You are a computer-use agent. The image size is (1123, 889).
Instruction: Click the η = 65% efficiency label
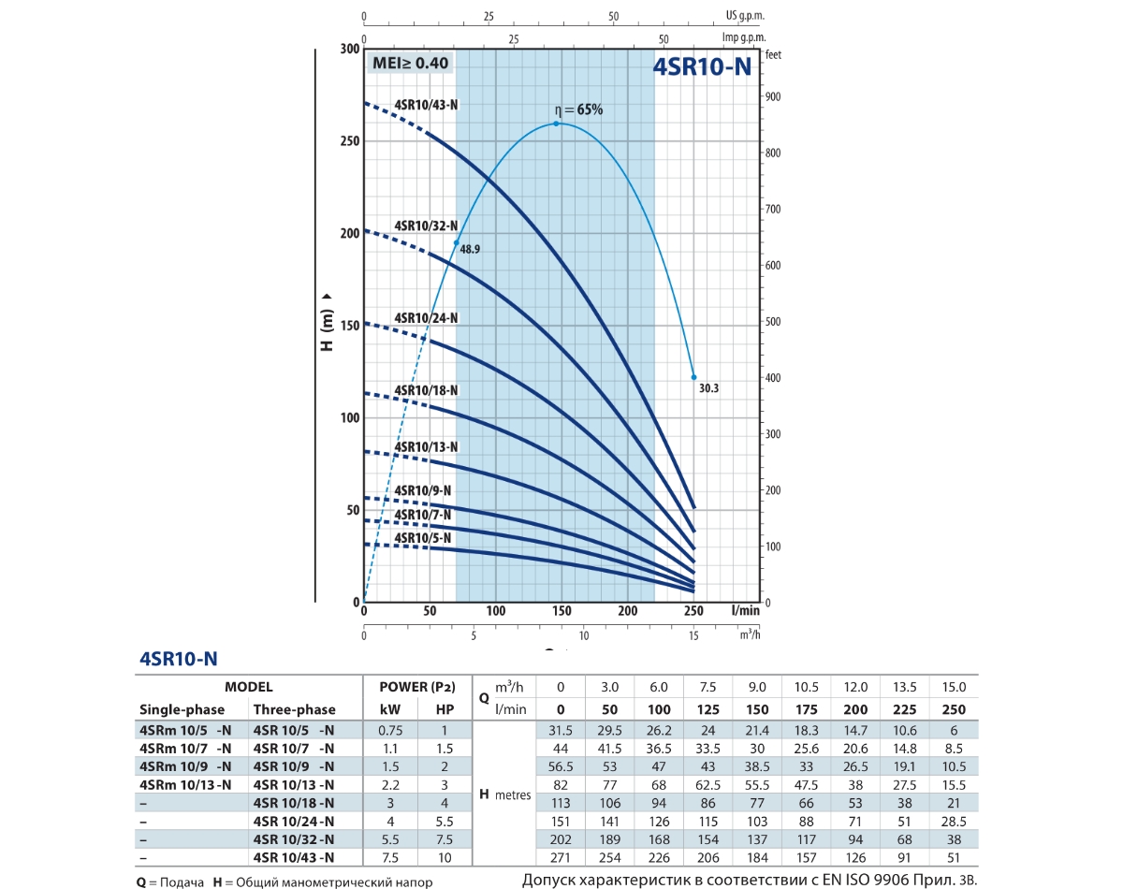click(577, 109)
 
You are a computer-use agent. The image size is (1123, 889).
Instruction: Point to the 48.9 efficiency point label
click(470, 250)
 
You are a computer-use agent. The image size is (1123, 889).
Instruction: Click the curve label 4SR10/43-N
click(426, 105)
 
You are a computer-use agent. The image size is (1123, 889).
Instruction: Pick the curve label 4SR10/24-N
click(426, 318)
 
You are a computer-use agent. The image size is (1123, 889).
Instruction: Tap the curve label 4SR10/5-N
click(423, 538)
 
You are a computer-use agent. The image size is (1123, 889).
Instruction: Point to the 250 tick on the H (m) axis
click(348, 140)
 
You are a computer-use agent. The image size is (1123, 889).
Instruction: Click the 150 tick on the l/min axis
click(561, 611)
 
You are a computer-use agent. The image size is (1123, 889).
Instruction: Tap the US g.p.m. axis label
click(745, 16)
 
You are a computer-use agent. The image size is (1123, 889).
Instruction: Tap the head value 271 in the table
click(561, 856)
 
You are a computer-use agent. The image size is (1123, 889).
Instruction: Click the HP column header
click(445, 709)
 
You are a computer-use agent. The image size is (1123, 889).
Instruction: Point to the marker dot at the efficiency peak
click(556, 124)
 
